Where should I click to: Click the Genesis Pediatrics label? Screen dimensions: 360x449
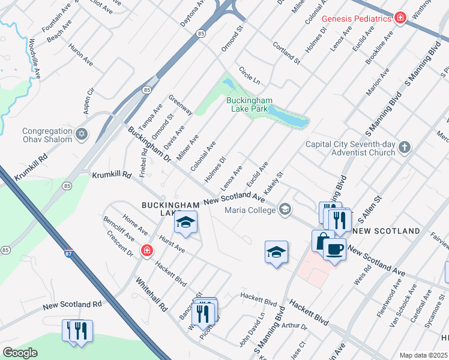click(357, 19)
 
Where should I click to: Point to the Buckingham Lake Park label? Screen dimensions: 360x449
click(249, 104)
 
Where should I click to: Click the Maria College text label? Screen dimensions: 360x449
click(250, 210)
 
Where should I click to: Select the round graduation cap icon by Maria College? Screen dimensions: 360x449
click(285, 209)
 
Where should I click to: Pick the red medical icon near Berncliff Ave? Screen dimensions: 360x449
click(146, 251)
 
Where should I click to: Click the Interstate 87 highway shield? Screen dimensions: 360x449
click(69, 254)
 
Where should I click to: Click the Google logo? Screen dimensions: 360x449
click(20, 352)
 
